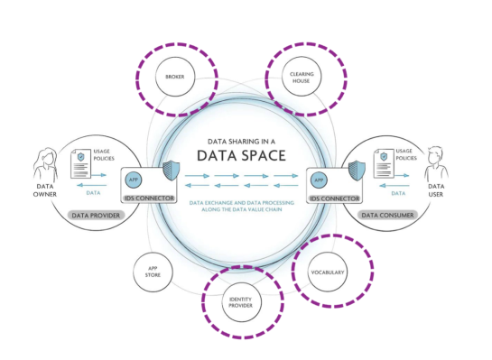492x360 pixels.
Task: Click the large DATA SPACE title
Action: (x=241, y=155)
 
